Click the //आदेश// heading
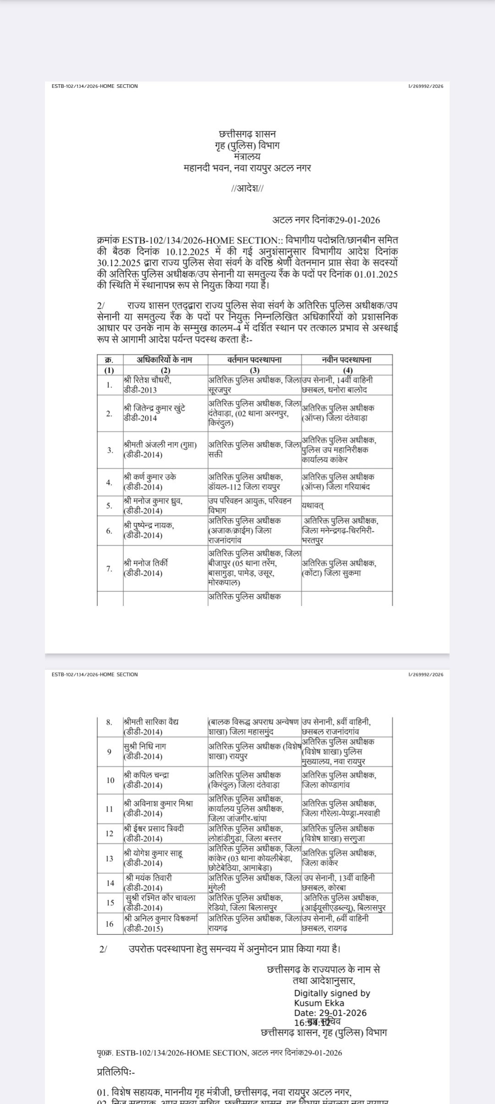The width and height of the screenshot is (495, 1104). click(x=247, y=189)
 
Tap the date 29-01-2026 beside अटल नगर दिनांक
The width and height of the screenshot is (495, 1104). click(x=357, y=220)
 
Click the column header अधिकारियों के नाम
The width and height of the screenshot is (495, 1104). click(x=165, y=360)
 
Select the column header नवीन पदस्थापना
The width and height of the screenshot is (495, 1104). click(x=346, y=360)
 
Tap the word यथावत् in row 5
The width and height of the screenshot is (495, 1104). click(x=313, y=506)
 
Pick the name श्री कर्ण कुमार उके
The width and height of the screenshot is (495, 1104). click(x=150, y=477)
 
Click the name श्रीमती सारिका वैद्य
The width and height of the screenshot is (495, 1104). click(x=151, y=722)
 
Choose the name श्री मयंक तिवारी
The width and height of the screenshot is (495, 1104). click(x=149, y=878)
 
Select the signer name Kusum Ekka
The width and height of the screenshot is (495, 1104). click(x=319, y=1003)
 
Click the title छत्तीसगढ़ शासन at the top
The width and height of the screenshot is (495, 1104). click(x=247, y=134)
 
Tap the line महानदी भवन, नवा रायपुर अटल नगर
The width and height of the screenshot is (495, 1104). click(x=247, y=168)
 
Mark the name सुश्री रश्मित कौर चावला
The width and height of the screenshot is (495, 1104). click(x=161, y=898)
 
